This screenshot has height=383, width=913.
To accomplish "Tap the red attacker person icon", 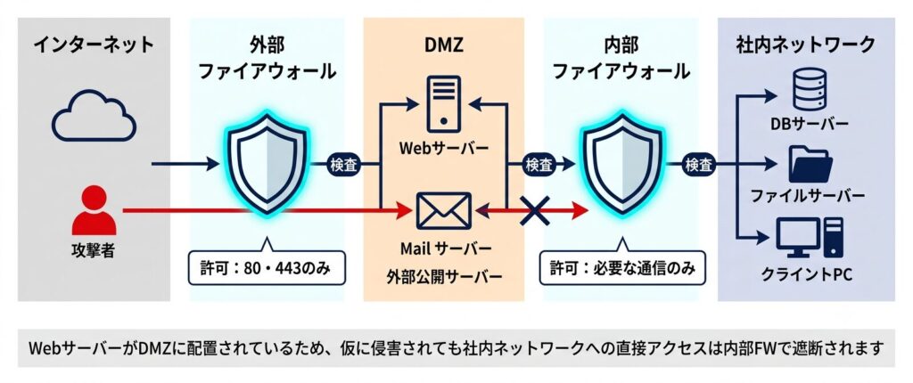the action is coord(94,210).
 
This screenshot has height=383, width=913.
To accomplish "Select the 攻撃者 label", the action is coord(94,250).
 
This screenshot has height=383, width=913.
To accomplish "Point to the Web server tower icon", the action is coord(444,105).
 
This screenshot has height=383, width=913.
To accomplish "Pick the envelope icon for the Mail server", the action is coord(444,211).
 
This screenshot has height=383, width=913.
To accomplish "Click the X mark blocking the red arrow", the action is coord(535,210).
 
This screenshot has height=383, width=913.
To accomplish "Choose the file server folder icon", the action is coord(810,165).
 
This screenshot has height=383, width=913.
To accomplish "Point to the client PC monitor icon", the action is coord(810,238).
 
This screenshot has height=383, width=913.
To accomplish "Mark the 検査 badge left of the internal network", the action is coord(699,165).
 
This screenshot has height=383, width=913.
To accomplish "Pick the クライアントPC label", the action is coord(806,273).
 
